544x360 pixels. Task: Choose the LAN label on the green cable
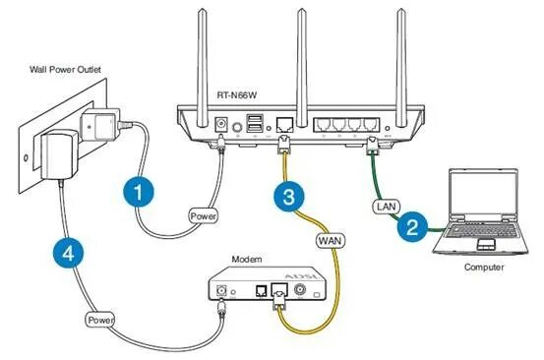point(385,207)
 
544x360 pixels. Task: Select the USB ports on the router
point(255,123)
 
